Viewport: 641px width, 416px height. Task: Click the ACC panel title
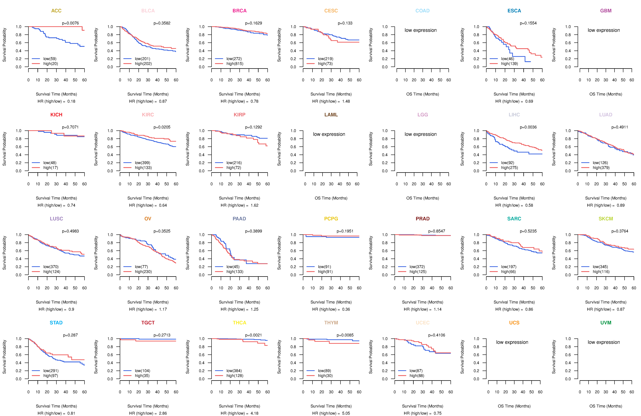point(56,11)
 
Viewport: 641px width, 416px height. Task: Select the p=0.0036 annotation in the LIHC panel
point(528,127)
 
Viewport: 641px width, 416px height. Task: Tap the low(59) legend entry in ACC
point(50,59)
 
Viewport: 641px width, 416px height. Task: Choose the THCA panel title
point(239,323)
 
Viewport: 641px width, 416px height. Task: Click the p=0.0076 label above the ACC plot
point(70,23)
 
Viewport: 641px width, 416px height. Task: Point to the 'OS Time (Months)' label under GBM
point(606,94)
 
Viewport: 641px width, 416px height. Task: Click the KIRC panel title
point(148,115)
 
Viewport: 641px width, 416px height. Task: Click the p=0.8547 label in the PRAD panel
point(437,231)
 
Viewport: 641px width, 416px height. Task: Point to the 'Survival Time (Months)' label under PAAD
point(239,302)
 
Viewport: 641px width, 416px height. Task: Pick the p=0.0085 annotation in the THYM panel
point(345,335)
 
